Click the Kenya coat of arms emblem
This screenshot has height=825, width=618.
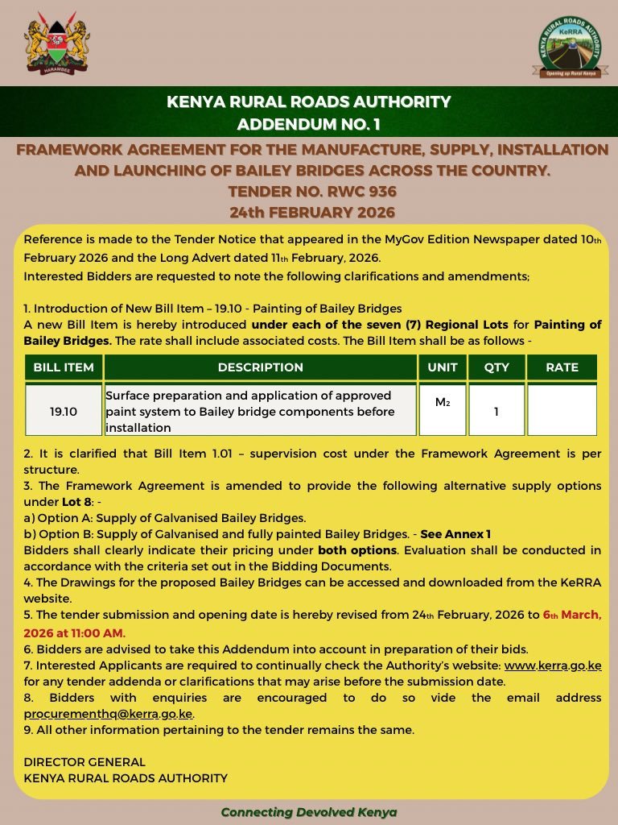(x=57, y=44)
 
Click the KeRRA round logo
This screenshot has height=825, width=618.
(x=571, y=46)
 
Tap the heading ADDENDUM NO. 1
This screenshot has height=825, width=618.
(x=308, y=124)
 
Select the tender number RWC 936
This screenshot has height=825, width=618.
(x=308, y=193)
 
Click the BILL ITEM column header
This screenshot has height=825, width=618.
(x=64, y=367)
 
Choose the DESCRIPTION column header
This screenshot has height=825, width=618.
(x=261, y=367)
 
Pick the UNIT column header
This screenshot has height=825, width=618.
(x=443, y=367)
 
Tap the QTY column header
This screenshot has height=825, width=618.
(x=496, y=367)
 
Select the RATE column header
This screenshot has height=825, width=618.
(x=562, y=367)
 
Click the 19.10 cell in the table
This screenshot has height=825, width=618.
(x=64, y=411)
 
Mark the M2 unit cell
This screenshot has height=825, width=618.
(x=443, y=401)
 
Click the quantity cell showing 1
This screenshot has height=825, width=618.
(x=496, y=411)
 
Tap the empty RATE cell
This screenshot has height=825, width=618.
(x=562, y=411)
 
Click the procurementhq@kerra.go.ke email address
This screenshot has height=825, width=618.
(x=109, y=714)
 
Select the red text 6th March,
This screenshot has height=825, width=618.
(x=572, y=615)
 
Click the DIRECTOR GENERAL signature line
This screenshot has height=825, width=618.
(x=84, y=761)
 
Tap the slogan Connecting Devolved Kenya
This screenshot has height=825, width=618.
(x=309, y=811)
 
